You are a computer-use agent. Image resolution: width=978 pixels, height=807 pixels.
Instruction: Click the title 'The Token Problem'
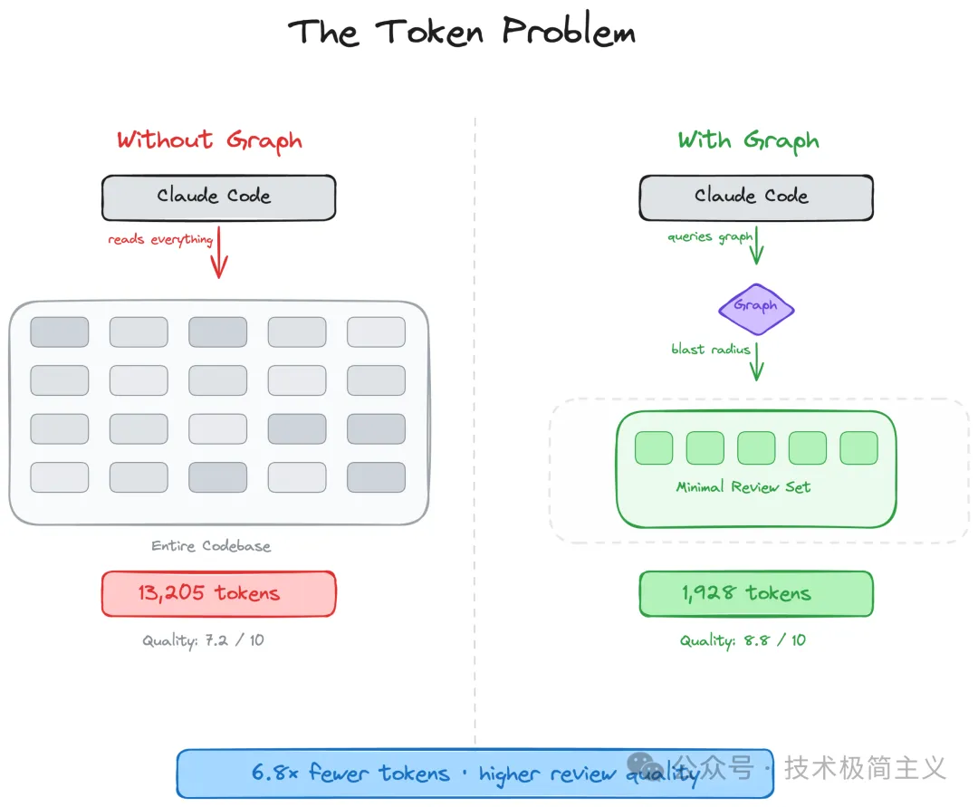462,31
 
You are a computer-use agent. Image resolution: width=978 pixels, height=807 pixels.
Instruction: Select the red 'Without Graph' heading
209,141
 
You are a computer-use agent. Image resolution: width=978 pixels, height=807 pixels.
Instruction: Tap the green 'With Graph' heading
749,141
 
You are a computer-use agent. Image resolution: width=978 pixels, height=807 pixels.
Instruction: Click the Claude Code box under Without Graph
219,197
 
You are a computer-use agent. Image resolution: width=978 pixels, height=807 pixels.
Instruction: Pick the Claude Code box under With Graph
756,197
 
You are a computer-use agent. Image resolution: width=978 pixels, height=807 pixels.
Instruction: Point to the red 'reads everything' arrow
219,253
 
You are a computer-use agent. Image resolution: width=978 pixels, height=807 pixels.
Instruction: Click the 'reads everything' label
160,240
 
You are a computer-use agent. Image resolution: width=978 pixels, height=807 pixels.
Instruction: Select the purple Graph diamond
756,310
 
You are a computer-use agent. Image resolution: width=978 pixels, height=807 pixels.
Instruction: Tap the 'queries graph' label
710,237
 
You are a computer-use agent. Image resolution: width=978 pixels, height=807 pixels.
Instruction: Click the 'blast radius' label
711,350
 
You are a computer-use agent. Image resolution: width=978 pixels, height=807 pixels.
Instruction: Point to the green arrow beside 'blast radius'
756,361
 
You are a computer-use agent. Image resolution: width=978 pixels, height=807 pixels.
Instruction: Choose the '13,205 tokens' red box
219,594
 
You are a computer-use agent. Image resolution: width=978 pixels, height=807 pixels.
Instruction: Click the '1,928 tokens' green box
756,594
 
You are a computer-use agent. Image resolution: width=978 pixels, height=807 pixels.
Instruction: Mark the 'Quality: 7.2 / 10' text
204,640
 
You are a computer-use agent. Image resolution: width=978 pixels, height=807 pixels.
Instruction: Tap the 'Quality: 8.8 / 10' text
743,640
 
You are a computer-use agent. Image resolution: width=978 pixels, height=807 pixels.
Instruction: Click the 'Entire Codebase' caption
211,546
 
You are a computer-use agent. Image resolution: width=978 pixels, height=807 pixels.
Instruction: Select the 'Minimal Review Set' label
743,487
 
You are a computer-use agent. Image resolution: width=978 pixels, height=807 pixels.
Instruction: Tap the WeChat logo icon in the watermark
645,766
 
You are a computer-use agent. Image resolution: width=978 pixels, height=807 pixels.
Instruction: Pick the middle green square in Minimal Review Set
756,448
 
